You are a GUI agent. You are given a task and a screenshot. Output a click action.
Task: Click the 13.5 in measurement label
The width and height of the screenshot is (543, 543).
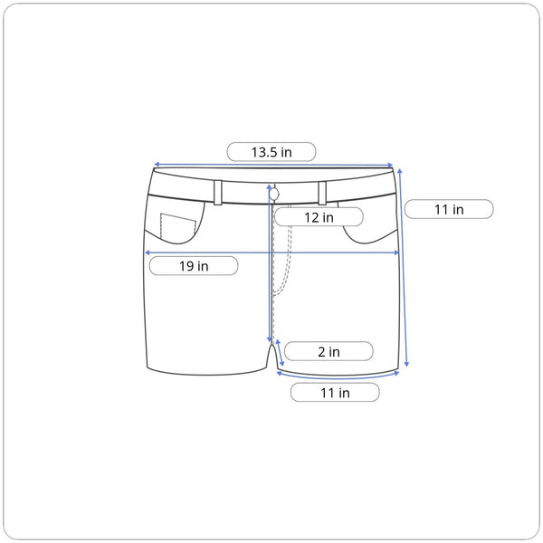271,152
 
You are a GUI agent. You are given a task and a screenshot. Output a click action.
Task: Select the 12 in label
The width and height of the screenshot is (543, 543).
319,217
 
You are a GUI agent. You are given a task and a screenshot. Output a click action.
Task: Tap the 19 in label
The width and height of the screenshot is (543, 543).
194,266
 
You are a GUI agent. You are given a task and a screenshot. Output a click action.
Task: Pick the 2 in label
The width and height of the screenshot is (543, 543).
329,351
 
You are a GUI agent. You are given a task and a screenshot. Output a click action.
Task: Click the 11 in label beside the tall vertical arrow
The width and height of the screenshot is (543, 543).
449,209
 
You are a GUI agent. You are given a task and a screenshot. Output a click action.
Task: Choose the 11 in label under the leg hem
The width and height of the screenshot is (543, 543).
335,393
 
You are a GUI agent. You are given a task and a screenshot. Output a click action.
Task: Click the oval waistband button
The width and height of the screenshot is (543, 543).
274,195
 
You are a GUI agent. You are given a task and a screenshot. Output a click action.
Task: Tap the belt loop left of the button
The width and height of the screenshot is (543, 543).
218,193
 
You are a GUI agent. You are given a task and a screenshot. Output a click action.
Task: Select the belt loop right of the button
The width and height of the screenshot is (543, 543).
322,193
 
